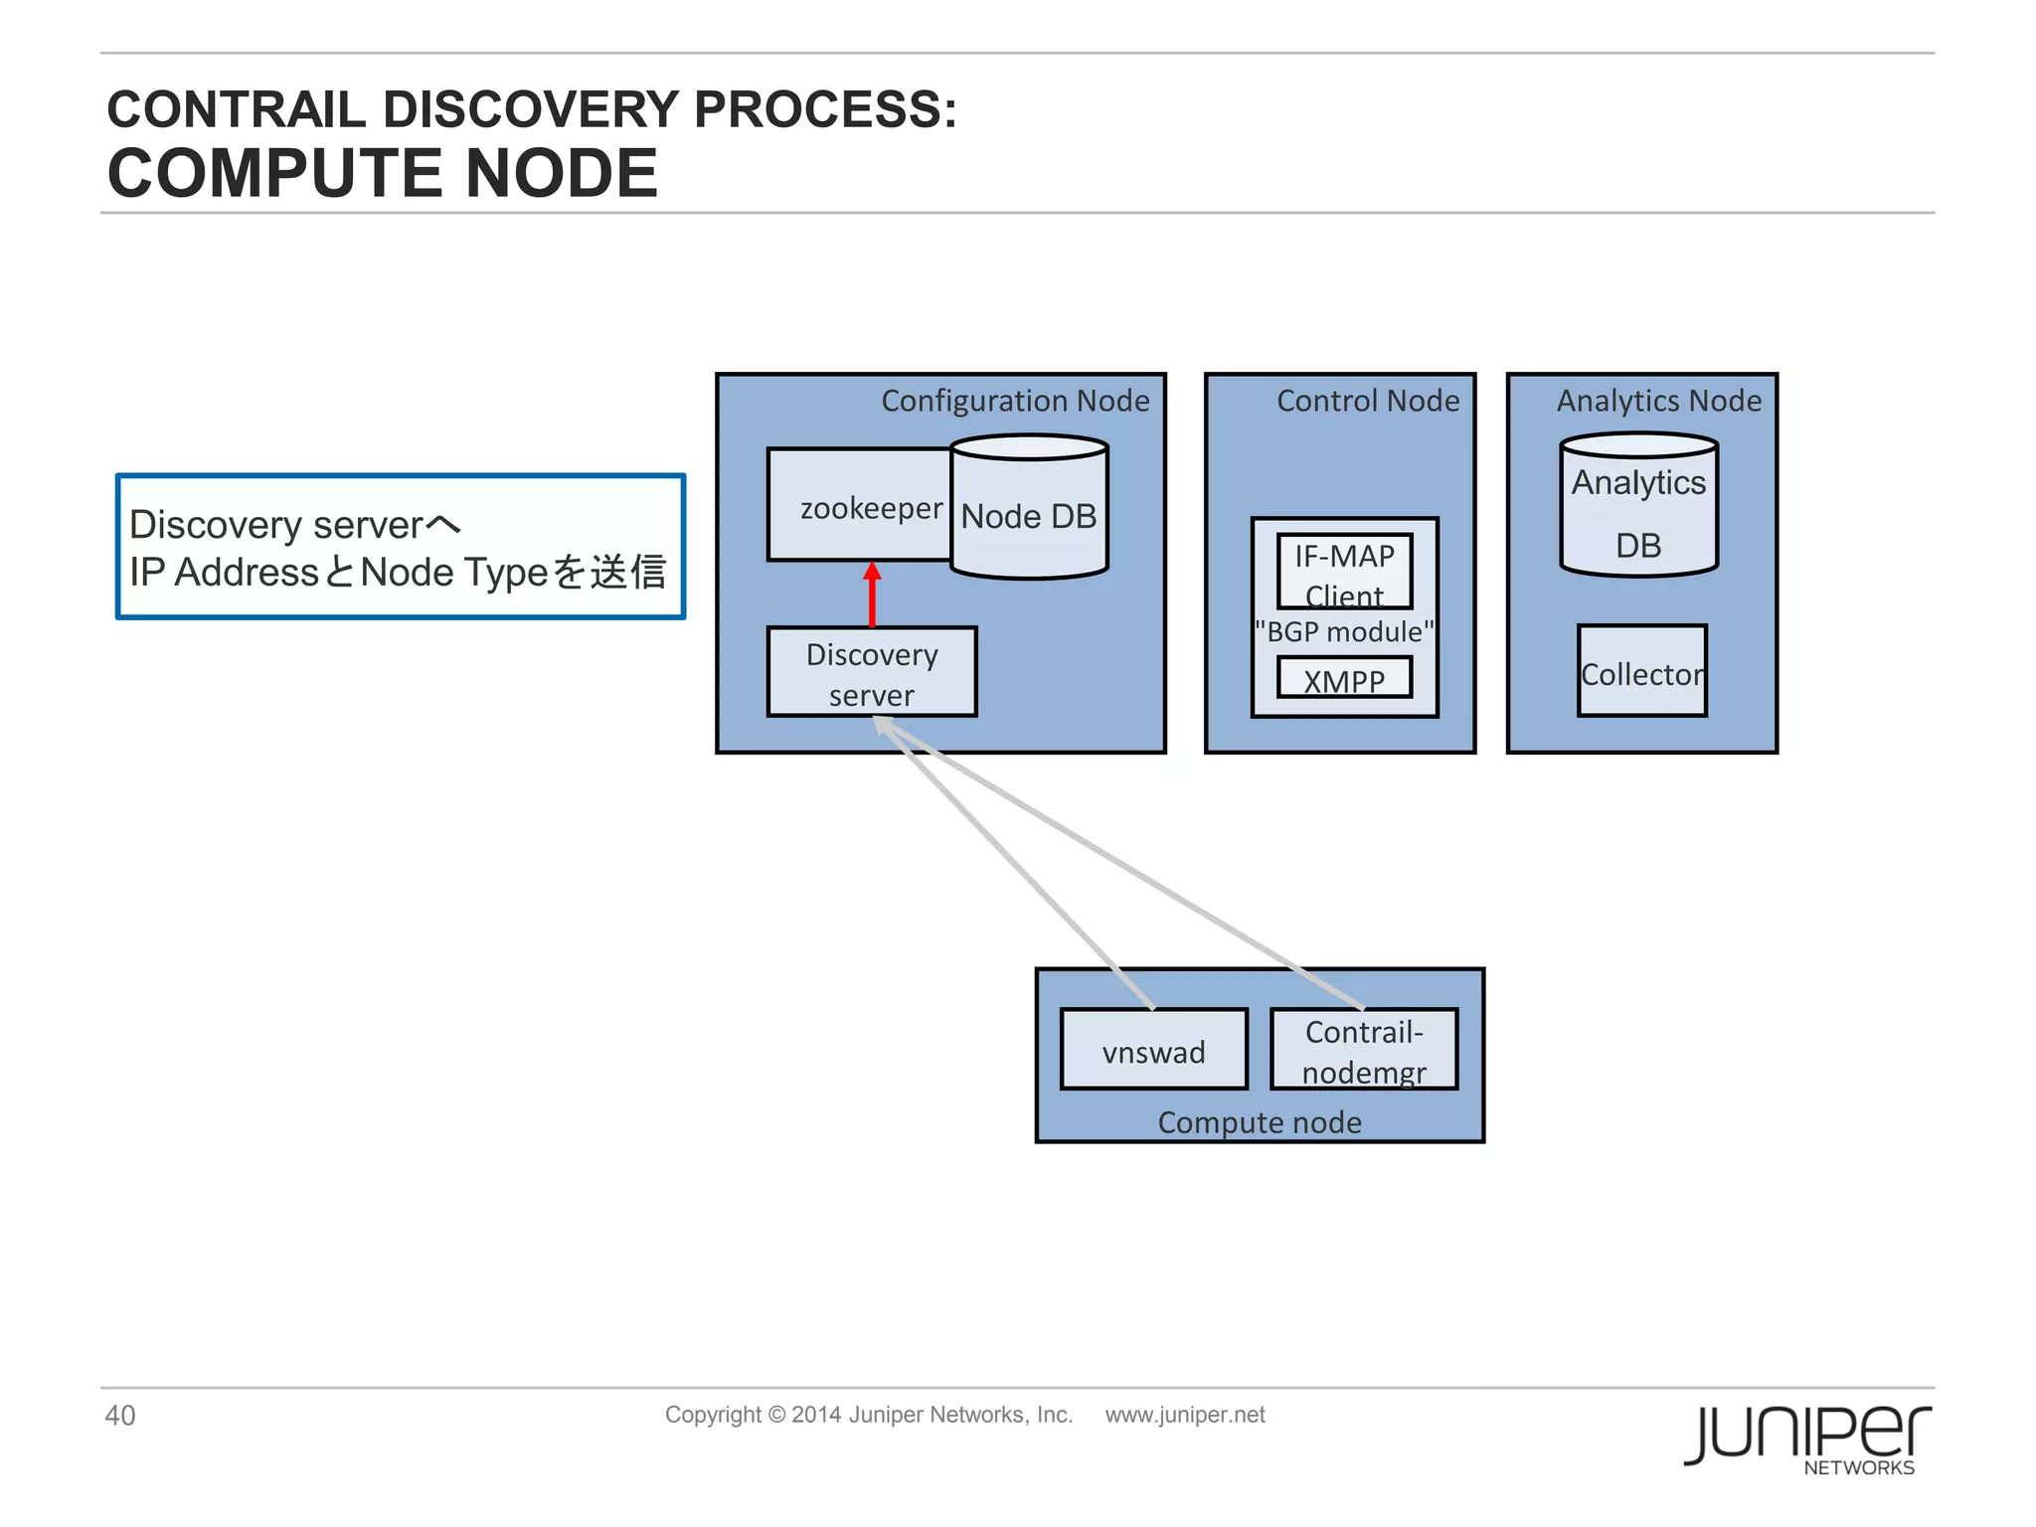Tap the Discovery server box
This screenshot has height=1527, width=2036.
coord(872,673)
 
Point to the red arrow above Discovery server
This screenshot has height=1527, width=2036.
coord(872,594)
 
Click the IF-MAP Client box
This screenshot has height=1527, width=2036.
coord(1344,572)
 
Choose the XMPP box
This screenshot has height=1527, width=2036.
coord(1344,679)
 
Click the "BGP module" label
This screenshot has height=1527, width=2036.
coord(1344,632)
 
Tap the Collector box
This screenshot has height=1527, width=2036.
coord(1641,673)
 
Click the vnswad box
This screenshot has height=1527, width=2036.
coord(1153,1051)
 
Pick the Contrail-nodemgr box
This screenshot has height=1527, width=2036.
coord(1364,1051)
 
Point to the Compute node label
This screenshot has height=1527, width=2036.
coord(1260,1122)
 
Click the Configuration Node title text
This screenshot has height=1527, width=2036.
coord(1015,401)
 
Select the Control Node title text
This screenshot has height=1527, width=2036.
coord(1368,401)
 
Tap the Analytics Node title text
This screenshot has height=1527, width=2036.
coord(1658,401)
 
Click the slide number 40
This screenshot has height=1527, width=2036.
coord(120,1415)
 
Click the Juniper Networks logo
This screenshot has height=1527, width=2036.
coord(1807,1438)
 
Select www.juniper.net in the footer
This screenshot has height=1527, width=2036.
coord(1185,1415)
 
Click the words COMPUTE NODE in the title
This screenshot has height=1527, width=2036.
coord(383,173)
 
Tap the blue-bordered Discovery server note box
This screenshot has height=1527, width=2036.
coord(401,547)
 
